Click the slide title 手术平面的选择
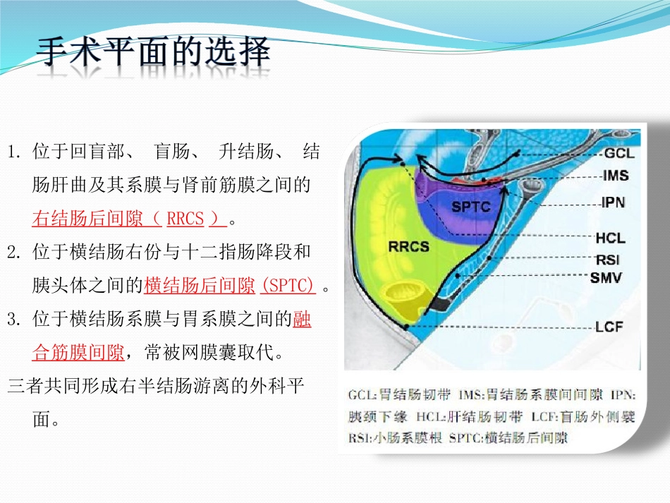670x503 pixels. (x=153, y=53)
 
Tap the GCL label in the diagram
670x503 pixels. (x=619, y=153)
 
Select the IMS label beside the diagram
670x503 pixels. (x=616, y=175)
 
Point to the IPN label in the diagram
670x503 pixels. (x=613, y=202)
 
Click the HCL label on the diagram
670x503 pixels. (x=611, y=238)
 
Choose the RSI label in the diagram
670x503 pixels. (x=608, y=260)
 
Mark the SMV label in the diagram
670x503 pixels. (x=606, y=278)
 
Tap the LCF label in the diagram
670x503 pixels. (x=609, y=327)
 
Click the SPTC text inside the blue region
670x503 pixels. (x=471, y=207)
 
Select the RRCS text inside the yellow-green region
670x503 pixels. (x=408, y=247)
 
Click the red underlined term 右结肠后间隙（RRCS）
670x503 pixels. (x=130, y=219)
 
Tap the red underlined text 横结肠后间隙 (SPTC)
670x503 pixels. (x=230, y=285)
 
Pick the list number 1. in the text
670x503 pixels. (x=14, y=152)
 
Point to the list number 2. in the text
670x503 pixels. (x=14, y=253)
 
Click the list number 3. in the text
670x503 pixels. (x=14, y=320)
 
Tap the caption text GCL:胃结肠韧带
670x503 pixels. (x=399, y=394)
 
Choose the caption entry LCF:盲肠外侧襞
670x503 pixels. (x=583, y=416)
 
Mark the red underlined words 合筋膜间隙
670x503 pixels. (x=78, y=353)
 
